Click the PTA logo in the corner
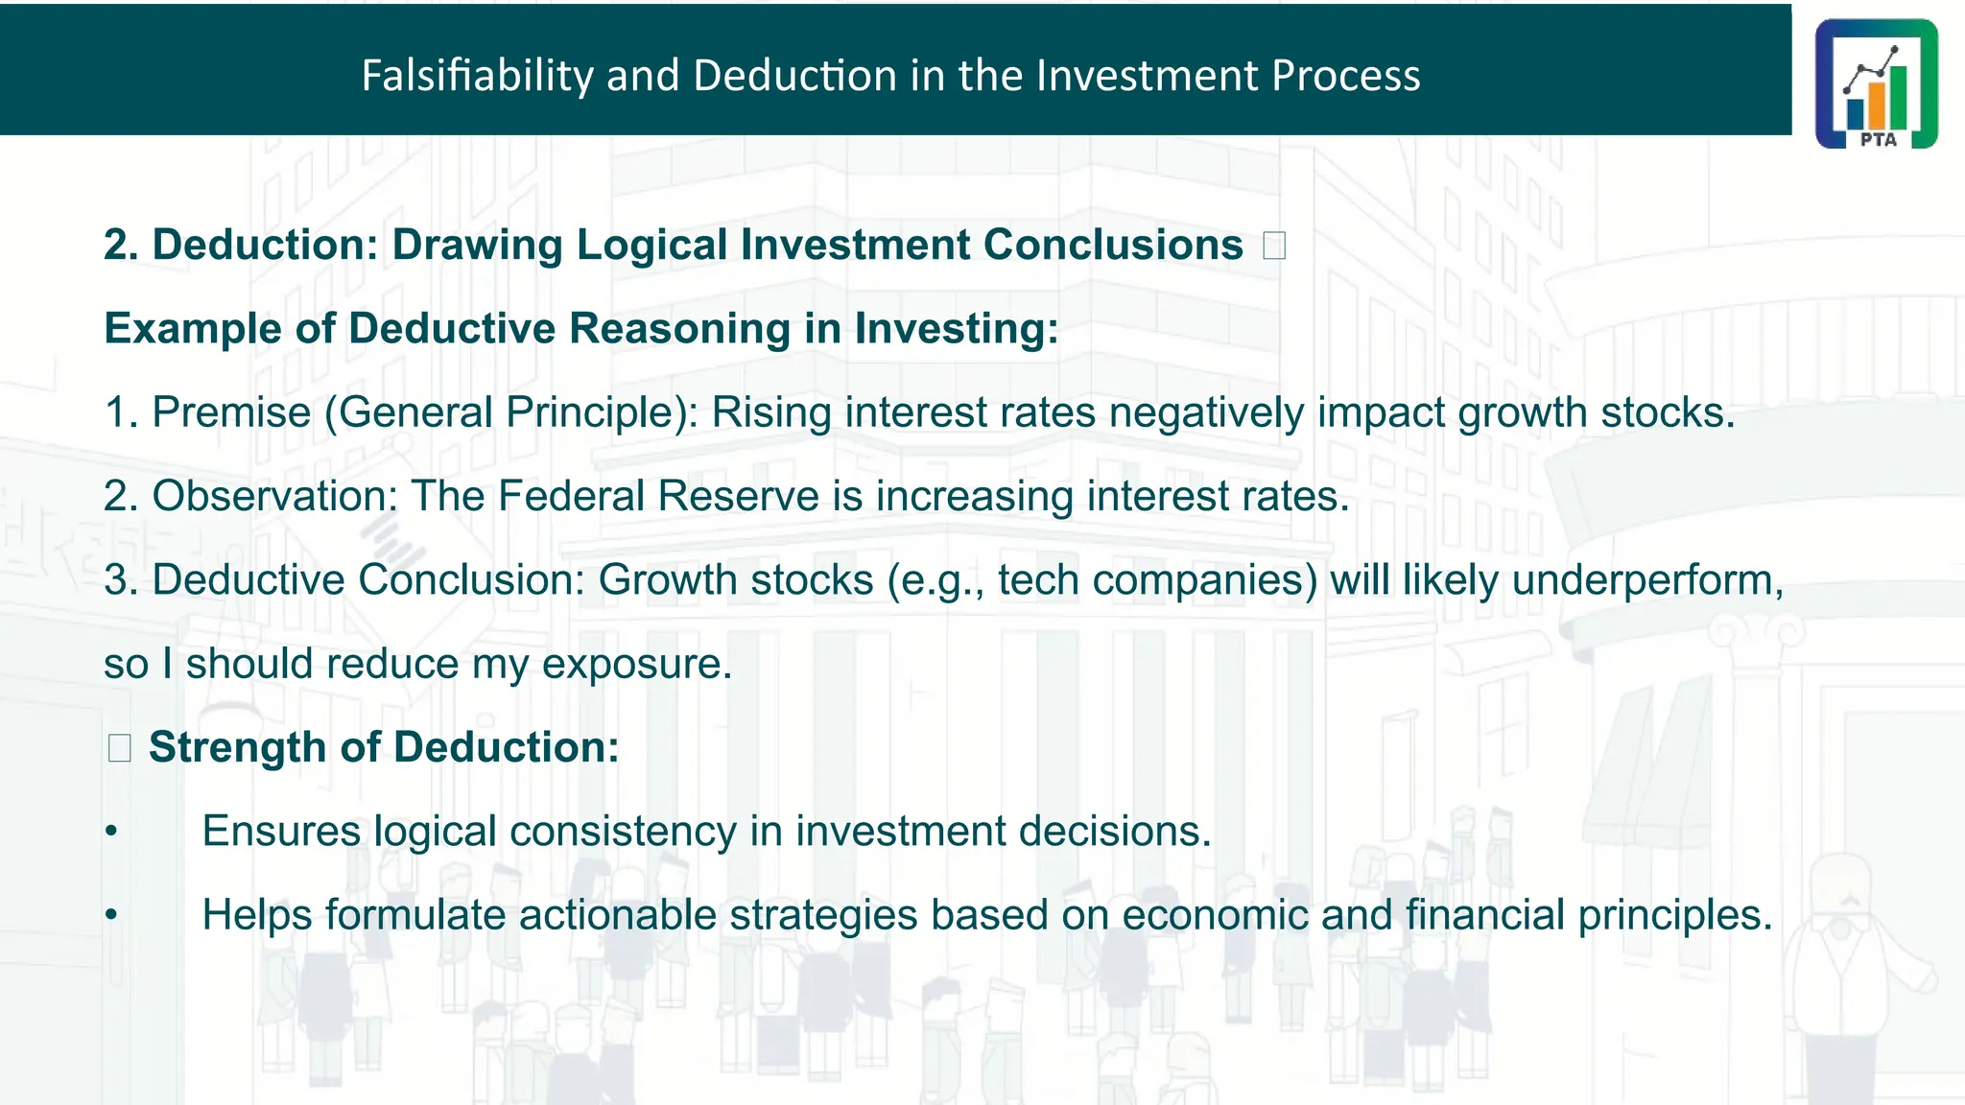(1876, 83)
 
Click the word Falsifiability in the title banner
(477, 76)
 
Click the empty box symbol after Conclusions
(1274, 246)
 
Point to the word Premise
(231, 412)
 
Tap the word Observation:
(274, 496)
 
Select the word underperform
(1646, 580)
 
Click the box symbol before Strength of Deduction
(119, 748)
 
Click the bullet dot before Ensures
(111, 832)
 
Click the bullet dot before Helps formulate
(111, 915)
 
